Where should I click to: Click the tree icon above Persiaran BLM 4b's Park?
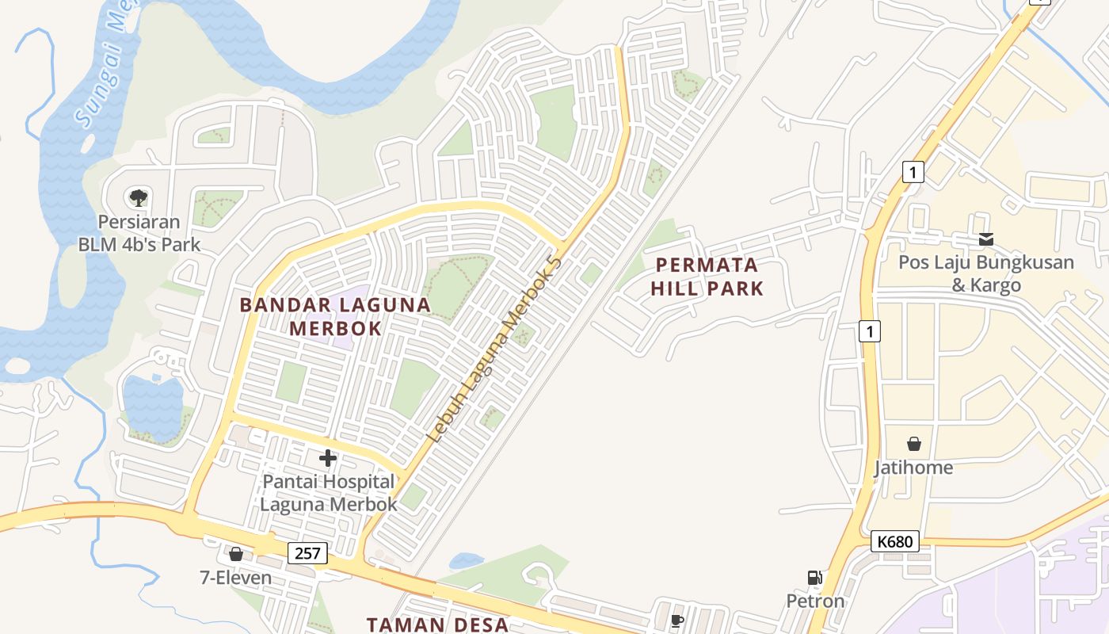click(x=139, y=197)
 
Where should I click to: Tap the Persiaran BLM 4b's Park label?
click(x=139, y=233)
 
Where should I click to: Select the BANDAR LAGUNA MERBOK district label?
click(x=335, y=316)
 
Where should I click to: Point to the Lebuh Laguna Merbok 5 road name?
click(x=494, y=349)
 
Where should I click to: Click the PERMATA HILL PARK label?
click(x=707, y=277)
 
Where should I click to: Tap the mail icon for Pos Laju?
click(x=986, y=239)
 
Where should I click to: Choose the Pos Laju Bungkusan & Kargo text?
click(x=986, y=273)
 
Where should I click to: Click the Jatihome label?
click(x=913, y=468)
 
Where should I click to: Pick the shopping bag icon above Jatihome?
click(x=914, y=443)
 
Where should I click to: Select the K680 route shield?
click(x=897, y=542)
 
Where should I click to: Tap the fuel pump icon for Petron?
click(x=814, y=578)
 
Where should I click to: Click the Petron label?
click(x=815, y=601)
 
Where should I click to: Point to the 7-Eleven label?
click(x=235, y=578)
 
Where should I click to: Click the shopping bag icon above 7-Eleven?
click(x=235, y=553)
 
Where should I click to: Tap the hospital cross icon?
click(x=328, y=457)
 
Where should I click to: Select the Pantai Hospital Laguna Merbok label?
click(x=328, y=492)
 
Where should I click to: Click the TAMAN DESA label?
click(x=437, y=624)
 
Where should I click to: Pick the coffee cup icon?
click(x=676, y=621)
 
